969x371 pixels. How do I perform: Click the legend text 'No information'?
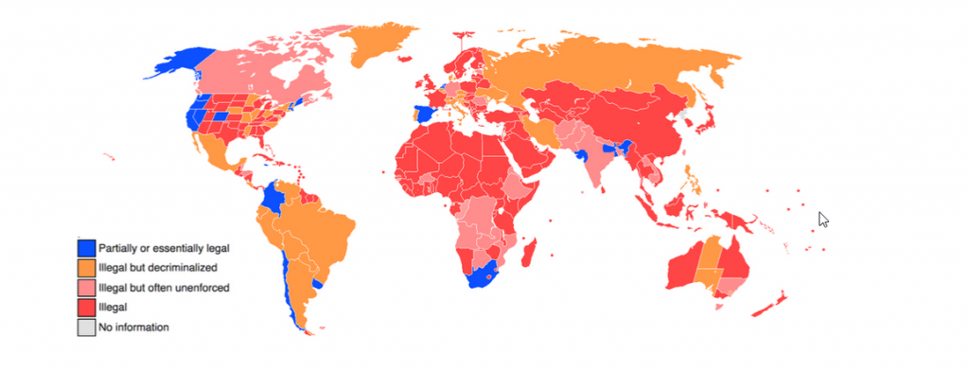(x=133, y=327)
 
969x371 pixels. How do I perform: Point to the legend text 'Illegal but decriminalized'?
(x=158, y=268)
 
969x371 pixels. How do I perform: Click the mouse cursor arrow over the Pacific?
(x=823, y=219)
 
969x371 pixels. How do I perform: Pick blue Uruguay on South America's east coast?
(x=319, y=282)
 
